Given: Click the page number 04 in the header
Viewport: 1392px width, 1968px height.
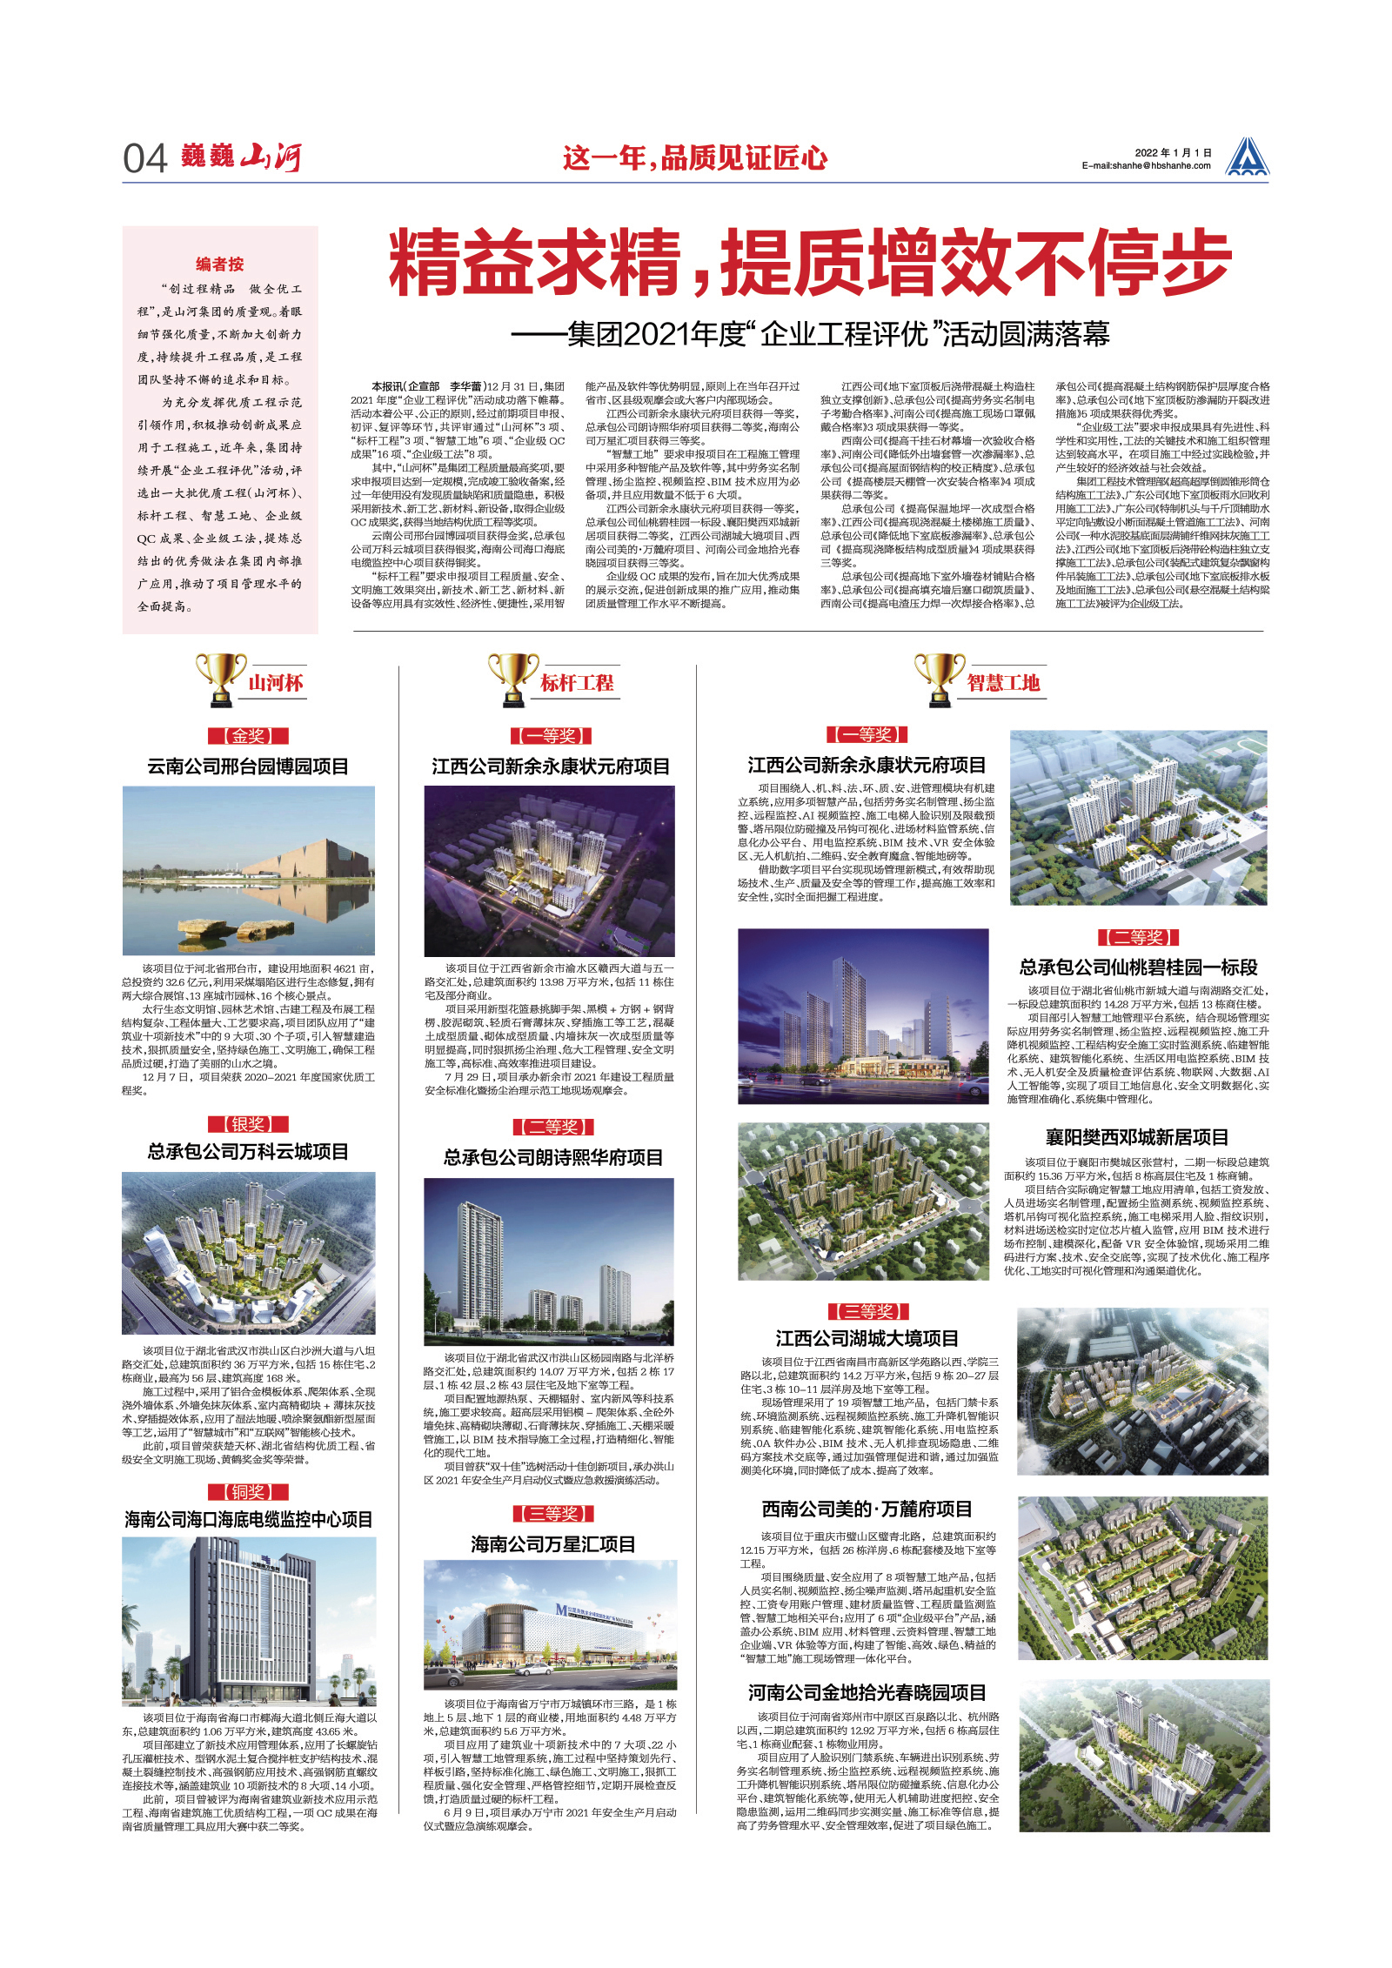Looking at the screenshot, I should (x=144, y=159).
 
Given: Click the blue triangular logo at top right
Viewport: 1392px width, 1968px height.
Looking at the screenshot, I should (x=1247, y=157).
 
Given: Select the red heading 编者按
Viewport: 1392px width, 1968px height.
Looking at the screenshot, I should (x=220, y=264).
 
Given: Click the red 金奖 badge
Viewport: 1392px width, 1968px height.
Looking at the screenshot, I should (x=248, y=736).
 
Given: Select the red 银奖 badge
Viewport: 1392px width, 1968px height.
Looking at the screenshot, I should (x=248, y=1124).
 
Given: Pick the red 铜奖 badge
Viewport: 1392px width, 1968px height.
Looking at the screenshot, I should (x=248, y=1492).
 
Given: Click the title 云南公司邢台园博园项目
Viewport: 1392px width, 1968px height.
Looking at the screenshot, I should (x=248, y=766).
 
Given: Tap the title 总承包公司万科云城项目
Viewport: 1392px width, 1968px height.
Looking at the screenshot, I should (x=248, y=1152).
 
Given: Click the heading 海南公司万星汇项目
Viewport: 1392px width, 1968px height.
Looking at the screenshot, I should (x=552, y=1544).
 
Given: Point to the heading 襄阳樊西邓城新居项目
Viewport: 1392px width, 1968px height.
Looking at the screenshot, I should (x=1137, y=1137).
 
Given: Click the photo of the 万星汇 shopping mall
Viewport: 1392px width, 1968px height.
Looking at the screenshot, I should (x=550, y=1625).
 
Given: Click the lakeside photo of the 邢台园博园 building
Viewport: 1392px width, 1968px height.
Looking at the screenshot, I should (x=249, y=870).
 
